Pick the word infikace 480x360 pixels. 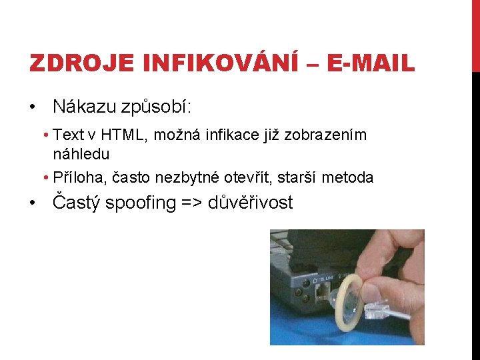247,135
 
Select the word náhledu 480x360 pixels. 81,153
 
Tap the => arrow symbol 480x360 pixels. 192,203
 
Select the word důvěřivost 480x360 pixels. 251,203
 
